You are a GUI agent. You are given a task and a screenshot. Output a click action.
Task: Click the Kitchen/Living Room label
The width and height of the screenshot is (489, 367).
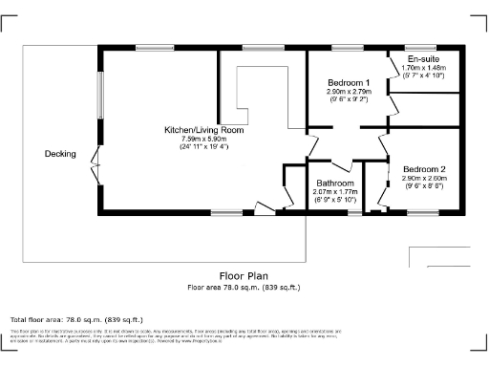pos(203,129)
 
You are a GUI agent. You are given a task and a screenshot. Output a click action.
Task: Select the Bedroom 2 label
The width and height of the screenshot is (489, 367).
pos(423,169)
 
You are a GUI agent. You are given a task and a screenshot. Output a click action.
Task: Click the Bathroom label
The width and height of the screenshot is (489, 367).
pos(334,183)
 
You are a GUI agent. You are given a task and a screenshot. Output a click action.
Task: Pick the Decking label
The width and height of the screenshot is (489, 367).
pos(60,154)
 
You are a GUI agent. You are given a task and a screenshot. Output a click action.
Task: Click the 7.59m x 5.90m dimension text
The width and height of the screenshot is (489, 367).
pos(203,138)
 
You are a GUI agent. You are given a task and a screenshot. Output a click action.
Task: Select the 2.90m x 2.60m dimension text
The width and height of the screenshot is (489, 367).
pos(423,179)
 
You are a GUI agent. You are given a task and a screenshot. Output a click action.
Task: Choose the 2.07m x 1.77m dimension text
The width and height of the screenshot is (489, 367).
pos(334,191)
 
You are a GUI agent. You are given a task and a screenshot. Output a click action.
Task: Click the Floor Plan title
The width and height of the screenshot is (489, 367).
pos(243,275)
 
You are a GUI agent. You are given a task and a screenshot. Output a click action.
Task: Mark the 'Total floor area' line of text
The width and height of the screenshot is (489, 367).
pos(75,319)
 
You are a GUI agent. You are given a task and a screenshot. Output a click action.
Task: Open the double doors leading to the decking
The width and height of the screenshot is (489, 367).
pos(95,165)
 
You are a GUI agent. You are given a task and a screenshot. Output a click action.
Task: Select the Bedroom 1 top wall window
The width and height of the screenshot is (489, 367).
pos(343,47)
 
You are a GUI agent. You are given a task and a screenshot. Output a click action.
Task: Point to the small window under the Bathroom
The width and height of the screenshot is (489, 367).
pos(354,213)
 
